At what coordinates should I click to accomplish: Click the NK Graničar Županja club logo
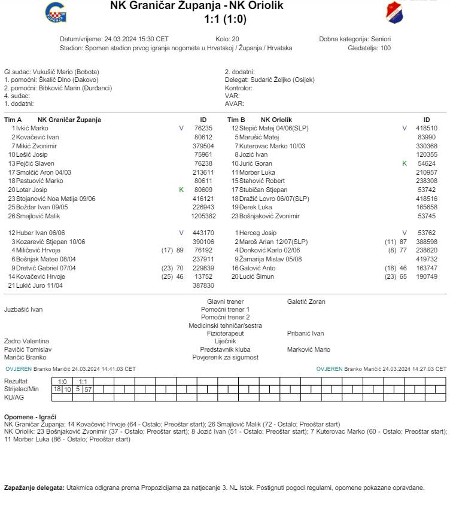56,12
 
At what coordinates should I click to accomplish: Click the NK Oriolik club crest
395,12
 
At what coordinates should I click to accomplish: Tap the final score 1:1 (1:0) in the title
225,19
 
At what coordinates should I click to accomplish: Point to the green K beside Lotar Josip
181,190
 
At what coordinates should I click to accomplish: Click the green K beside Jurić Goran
404,163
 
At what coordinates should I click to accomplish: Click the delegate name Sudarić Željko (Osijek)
278,80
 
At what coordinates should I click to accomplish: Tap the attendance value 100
385,48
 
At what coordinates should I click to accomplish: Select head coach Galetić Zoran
306,302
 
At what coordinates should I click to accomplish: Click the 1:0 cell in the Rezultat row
62,382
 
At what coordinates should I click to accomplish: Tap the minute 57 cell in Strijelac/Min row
87,389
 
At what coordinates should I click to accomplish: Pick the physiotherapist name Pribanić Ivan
305,334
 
